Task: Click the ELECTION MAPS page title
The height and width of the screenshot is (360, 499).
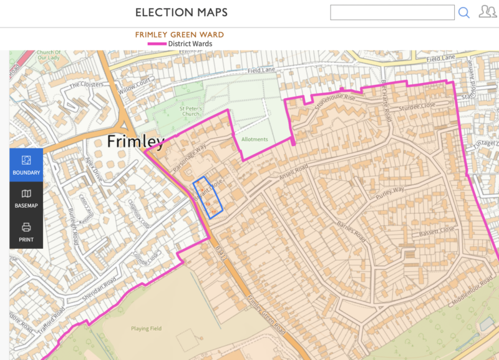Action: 182,12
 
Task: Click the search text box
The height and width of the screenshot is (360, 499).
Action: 392,12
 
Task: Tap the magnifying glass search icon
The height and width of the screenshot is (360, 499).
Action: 464,12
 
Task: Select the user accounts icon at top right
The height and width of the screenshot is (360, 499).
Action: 487,12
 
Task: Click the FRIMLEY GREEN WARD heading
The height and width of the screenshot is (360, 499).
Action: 180,35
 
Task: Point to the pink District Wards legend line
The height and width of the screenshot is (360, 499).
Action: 157,44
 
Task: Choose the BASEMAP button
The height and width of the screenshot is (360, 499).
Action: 26,198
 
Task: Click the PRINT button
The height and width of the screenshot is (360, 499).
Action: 26,231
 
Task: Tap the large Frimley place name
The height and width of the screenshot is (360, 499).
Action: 135,142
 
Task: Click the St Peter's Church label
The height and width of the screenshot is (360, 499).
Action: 188,110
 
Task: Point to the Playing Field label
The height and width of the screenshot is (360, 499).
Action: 146,328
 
